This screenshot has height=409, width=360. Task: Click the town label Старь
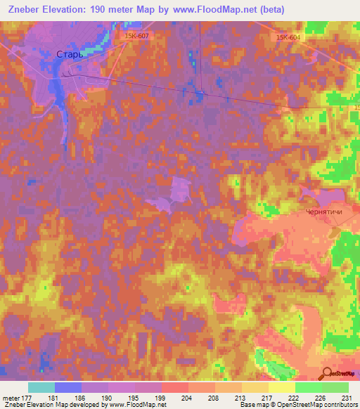[70, 53]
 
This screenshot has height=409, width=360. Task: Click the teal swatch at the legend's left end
[41, 387]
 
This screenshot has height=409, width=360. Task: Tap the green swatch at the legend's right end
[335, 387]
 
